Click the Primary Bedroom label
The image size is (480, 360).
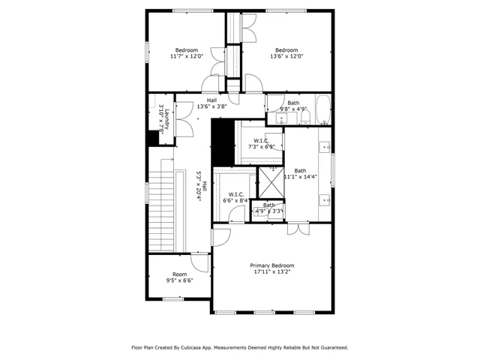(271, 265)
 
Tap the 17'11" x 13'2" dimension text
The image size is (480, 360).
(271, 273)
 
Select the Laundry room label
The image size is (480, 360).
(168, 119)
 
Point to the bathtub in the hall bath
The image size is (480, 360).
(322, 109)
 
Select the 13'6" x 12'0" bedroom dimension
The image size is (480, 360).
(286, 56)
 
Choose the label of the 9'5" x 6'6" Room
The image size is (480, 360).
(179, 274)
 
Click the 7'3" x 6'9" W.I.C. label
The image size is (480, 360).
(261, 140)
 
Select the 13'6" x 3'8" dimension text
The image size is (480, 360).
(211, 106)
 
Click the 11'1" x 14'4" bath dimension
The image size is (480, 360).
(300, 177)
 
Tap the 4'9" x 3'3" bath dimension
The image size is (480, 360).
(268, 211)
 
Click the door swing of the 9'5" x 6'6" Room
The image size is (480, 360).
(199, 262)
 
